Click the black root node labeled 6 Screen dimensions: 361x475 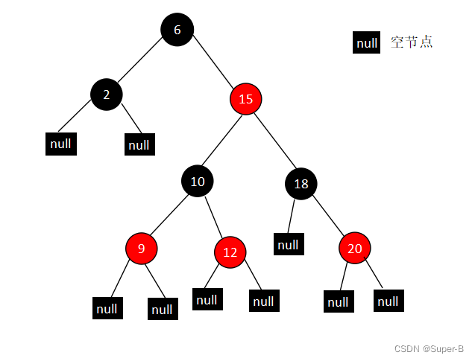pyautogui.click(x=177, y=30)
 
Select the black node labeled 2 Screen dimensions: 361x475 pyautogui.click(x=106, y=95)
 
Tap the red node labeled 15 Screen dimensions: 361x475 pyautogui.click(x=246, y=98)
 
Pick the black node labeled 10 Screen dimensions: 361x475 pyautogui.click(x=198, y=180)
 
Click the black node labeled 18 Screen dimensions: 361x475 pyautogui.click(x=301, y=184)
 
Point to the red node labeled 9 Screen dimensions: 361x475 pyautogui.click(x=142, y=249)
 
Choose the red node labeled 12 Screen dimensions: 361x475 pyautogui.click(x=230, y=252)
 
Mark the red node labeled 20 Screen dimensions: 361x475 pyautogui.click(x=355, y=248)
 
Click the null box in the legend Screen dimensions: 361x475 pyautogui.click(x=367, y=43)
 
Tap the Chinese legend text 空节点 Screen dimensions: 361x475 pyautogui.click(x=412, y=42)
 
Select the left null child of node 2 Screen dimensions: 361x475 pyautogui.click(x=61, y=143)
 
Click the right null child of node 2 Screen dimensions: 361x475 pyautogui.click(x=139, y=144)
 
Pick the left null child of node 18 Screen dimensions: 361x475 pyautogui.click(x=288, y=243)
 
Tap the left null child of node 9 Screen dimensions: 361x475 pyautogui.click(x=107, y=307)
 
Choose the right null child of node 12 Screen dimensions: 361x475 pyautogui.click(x=262, y=301)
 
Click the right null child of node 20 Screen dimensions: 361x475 pyautogui.click(x=388, y=301)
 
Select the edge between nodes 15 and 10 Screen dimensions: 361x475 pyautogui.click(x=222, y=139)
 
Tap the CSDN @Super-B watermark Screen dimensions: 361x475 pyautogui.click(x=429, y=348)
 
